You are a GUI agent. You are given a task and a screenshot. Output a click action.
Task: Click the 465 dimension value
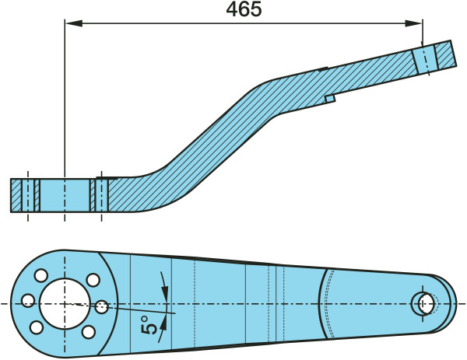pyautogui.click(x=244, y=9)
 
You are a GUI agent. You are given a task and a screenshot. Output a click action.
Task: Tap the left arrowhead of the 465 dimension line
pyautogui.click(x=74, y=23)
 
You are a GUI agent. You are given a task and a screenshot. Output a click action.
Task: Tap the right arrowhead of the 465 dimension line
pyautogui.click(x=413, y=23)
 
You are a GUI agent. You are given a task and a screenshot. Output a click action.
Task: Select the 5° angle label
pyautogui.click(x=149, y=325)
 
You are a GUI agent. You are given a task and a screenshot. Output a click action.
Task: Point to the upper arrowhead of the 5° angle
pyautogui.click(x=165, y=291)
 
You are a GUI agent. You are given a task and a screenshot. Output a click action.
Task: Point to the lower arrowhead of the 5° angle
pyautogui.click(x=163, y=324)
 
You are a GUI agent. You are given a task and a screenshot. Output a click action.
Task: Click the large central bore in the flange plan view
pyautogui.click(x=65, y=304)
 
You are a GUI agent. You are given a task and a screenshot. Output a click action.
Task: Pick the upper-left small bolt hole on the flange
pyautogui.click(x=41, y=275)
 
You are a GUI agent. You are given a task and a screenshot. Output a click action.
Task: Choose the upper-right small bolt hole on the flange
pyautogui.click(x=93, y=280)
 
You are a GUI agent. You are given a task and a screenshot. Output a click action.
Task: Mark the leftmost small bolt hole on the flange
pyautogui.click(x=29, y=300)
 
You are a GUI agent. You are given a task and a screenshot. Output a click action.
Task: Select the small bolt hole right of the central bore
pyautogui.click(x=101, y=307)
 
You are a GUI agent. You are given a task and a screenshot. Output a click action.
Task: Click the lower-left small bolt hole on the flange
pyautogui.click(x=37, y=327)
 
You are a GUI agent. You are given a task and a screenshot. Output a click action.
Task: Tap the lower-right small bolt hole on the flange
pyautogui.click(x=89, y=332)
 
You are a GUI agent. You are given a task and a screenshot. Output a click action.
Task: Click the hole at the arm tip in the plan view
pyautogui.click(x=425, y=303)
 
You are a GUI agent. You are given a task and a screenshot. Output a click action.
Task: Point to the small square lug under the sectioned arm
pyautogui.click(x=330, y=99)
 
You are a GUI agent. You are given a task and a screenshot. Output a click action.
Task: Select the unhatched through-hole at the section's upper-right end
pyautogui.click(x=425, y=59)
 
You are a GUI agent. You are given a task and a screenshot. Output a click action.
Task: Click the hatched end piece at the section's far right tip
pyautogui.click(x=445, y=55)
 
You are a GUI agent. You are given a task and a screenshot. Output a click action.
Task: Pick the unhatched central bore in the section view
pyautogui.click(x=65, y=195)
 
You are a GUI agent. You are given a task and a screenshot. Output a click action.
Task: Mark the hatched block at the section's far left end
pyautogui.click(x=16, y=195)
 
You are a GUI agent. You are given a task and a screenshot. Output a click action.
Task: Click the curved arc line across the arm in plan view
pyautogui.click(x=321, y=303)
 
